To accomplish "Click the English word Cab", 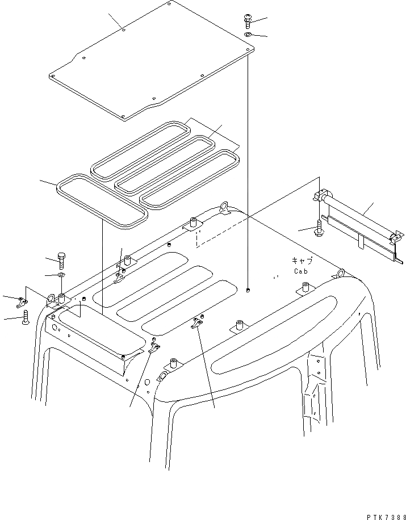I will [x=301, y=271].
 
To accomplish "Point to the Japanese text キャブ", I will [x=301, y=261].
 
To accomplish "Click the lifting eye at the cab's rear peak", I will [x=223, y=206].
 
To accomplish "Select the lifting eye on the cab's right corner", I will [x=341, y=274].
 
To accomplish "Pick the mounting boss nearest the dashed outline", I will [x=193, y=223].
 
